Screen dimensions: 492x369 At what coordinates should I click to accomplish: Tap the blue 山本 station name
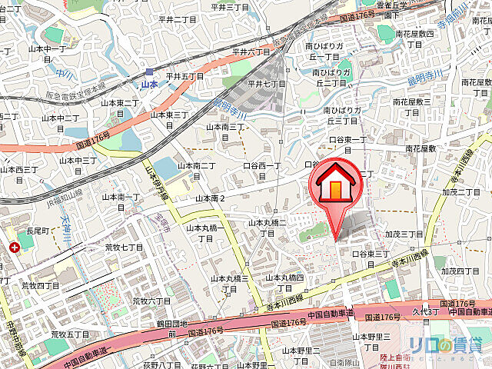pyautogui.click(x=149, y=85)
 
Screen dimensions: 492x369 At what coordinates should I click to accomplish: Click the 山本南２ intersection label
pyautogui.click(x=210, y=198)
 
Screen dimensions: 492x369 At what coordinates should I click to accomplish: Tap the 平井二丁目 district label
pyautogui.click(x=178, y=20)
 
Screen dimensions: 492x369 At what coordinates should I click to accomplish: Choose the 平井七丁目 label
pyautogui.click(x=267, y=84)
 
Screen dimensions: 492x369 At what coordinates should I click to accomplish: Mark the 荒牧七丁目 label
pyautogui.click(x=125, y=247)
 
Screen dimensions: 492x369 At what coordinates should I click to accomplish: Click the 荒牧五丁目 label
pyautogui.click(x=71, y=334)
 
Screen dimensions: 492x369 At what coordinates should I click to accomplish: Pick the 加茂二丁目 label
pyautogui.click(x=460, y=191)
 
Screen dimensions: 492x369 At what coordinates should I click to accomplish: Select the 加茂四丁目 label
pyautogui.click(x=460, y=271)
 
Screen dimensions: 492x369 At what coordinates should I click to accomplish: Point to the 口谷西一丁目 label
pyautogui.click(x=266, y=171)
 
